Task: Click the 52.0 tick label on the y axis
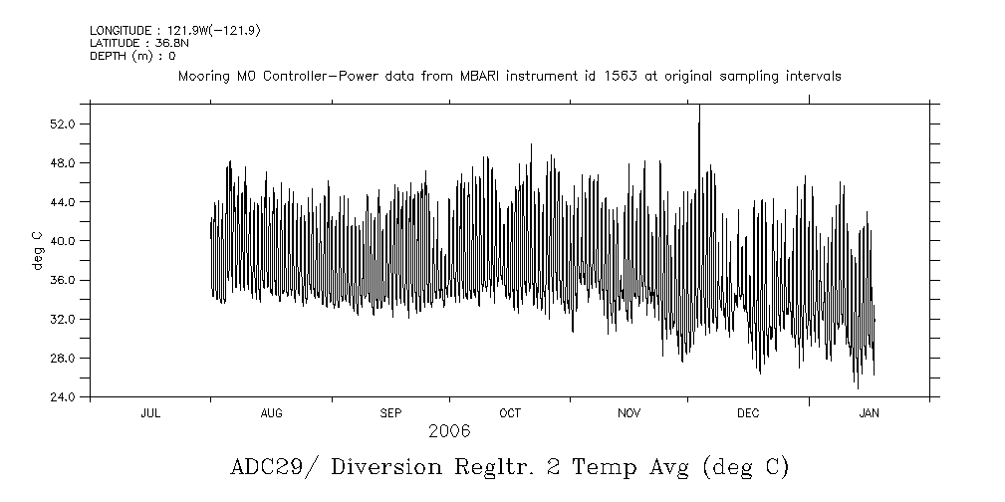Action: pos(63,124)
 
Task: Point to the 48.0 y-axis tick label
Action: pos(63,162)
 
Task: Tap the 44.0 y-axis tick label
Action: pos(63,201)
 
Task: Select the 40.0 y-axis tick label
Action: pos(63,241)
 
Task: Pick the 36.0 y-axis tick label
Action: pos(63,280)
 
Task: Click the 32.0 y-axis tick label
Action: pos(63,319)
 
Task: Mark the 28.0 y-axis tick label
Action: pos(63,358)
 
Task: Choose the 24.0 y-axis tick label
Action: pos(63,396)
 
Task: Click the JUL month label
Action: pos(150,412)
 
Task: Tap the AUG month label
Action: pos(271,412)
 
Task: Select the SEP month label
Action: pos(390,412)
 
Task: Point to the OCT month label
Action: pos(510,412)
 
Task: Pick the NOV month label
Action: pos(629,412)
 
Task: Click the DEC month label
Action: pos(748,412)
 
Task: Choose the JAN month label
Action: pos(869,412)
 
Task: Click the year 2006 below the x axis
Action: pos(449,431)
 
